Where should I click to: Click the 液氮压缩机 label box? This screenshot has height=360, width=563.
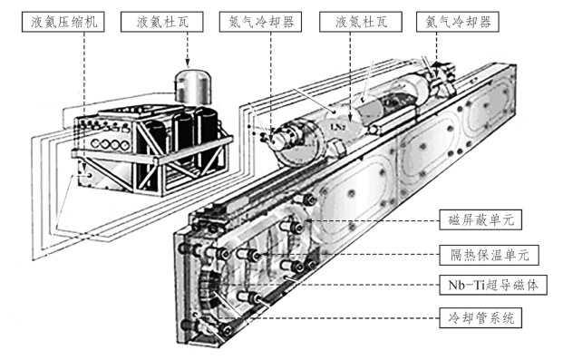point(63,22)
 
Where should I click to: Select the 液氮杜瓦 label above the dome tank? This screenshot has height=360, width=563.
point(162,22)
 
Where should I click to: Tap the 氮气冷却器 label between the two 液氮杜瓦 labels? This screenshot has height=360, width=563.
point(261,22)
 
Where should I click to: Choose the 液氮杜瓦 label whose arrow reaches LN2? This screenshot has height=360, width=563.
point(361,22)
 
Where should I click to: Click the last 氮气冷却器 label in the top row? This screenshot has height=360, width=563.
point(458,22)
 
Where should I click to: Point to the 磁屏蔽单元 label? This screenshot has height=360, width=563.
point(480,219)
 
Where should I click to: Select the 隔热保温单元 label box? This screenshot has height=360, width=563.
point(490,255)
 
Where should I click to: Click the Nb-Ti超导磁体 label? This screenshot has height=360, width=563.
point(493,285)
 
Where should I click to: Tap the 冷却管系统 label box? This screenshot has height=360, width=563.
point(480,318)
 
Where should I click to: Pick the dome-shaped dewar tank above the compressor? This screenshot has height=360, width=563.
point(192,85)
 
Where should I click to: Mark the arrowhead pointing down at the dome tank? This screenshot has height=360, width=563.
point(188,64)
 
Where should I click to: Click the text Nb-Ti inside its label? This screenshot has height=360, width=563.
point(466,286)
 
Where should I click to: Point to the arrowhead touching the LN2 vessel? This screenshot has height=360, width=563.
point(350,117)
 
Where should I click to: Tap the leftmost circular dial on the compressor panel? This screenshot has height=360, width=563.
point(95,143)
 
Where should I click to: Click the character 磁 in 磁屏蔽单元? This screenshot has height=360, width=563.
point(454,219)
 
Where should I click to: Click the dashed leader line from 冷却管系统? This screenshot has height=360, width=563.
point(329,318)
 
